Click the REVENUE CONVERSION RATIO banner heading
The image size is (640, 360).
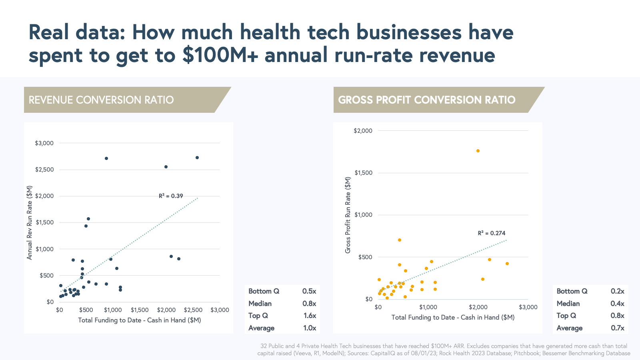point(101,100)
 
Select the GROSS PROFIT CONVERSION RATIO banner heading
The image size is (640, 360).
point(426,100)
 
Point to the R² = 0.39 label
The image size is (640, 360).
point(171,196)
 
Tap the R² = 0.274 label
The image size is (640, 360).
point(492,233)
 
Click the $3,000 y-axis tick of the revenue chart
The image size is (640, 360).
point(44,143)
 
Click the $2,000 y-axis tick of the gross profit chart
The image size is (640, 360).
point(363,131)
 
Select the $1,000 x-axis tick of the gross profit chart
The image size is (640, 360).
point(428,307)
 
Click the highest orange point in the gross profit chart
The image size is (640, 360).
point(478,151)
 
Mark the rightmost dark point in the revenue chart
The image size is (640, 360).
point(197,158)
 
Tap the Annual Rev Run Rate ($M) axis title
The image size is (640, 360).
point(30,222)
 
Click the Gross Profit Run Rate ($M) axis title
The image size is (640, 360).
point(348,215)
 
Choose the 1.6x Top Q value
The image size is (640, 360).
point(310,316)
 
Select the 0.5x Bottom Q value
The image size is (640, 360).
point(309,291)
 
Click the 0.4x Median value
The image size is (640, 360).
point(617,304)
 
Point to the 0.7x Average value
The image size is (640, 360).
point(617,328)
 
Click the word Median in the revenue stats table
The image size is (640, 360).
point(260,304)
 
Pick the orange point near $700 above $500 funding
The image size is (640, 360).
point(400,240)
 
